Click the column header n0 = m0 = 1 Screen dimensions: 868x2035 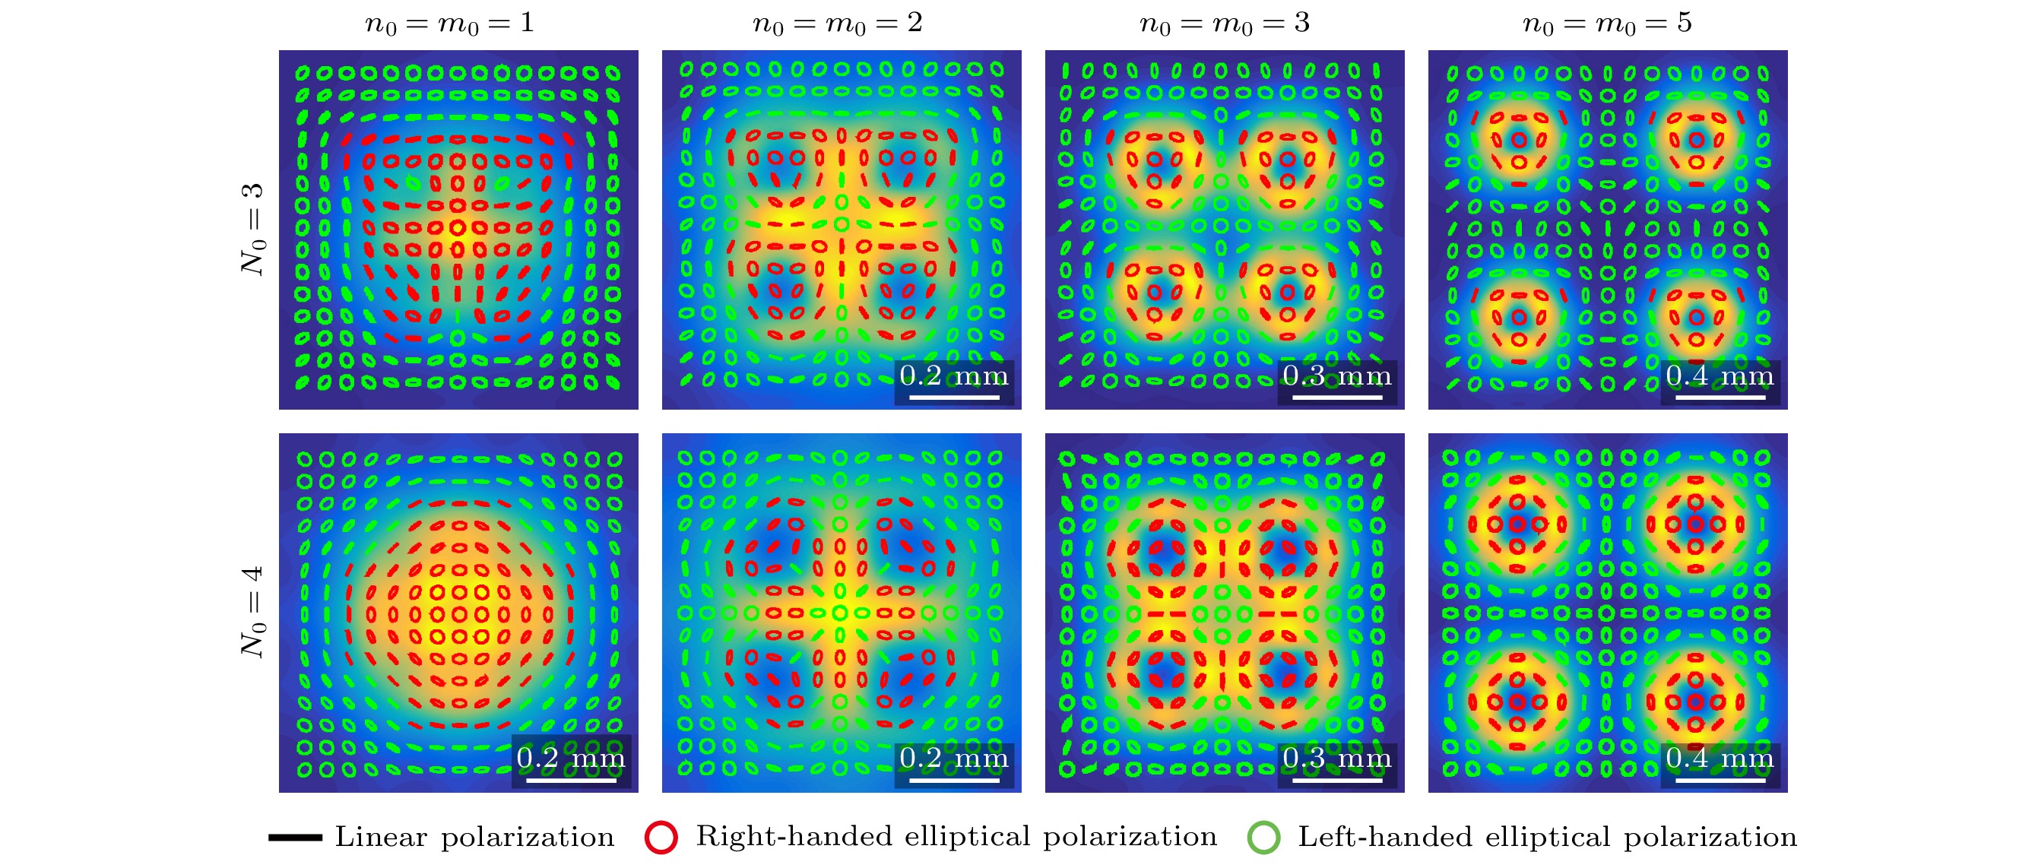[x=449, y=23]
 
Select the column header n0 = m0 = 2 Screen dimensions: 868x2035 [x=838, y=23]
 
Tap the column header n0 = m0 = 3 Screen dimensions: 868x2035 [x=1224, y=23]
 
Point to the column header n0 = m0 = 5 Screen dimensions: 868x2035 [x=1607, y=23]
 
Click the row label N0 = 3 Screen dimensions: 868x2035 [x=253, y=229]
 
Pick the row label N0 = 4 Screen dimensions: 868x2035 [x=253, y=612]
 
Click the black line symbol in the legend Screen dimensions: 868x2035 [x=295, y=837]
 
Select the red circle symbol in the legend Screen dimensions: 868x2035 [x=661, y=837]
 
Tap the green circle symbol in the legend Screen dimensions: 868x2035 [x=1263, y=837]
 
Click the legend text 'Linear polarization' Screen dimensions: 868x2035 [x=474, y=837]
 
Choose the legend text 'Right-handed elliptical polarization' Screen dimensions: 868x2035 [x=956, y=836]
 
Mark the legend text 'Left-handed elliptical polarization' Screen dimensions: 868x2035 [x=1547, y=837]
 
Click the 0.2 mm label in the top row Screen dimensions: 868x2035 [x=953, y=375]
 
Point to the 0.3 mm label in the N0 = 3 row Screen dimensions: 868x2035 [x=1336, y=375]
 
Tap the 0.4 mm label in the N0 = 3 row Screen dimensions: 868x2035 [x=1720, y=375]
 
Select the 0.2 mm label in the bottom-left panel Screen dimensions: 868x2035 [x=570, y=759]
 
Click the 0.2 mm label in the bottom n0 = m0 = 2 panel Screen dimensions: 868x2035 [x=953, y=759]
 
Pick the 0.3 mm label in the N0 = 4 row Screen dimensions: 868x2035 [x=1336, y=759]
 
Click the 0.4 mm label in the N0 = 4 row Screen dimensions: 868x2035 [x=1720, y=759]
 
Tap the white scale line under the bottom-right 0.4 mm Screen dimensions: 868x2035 [x=1720, y=781]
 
